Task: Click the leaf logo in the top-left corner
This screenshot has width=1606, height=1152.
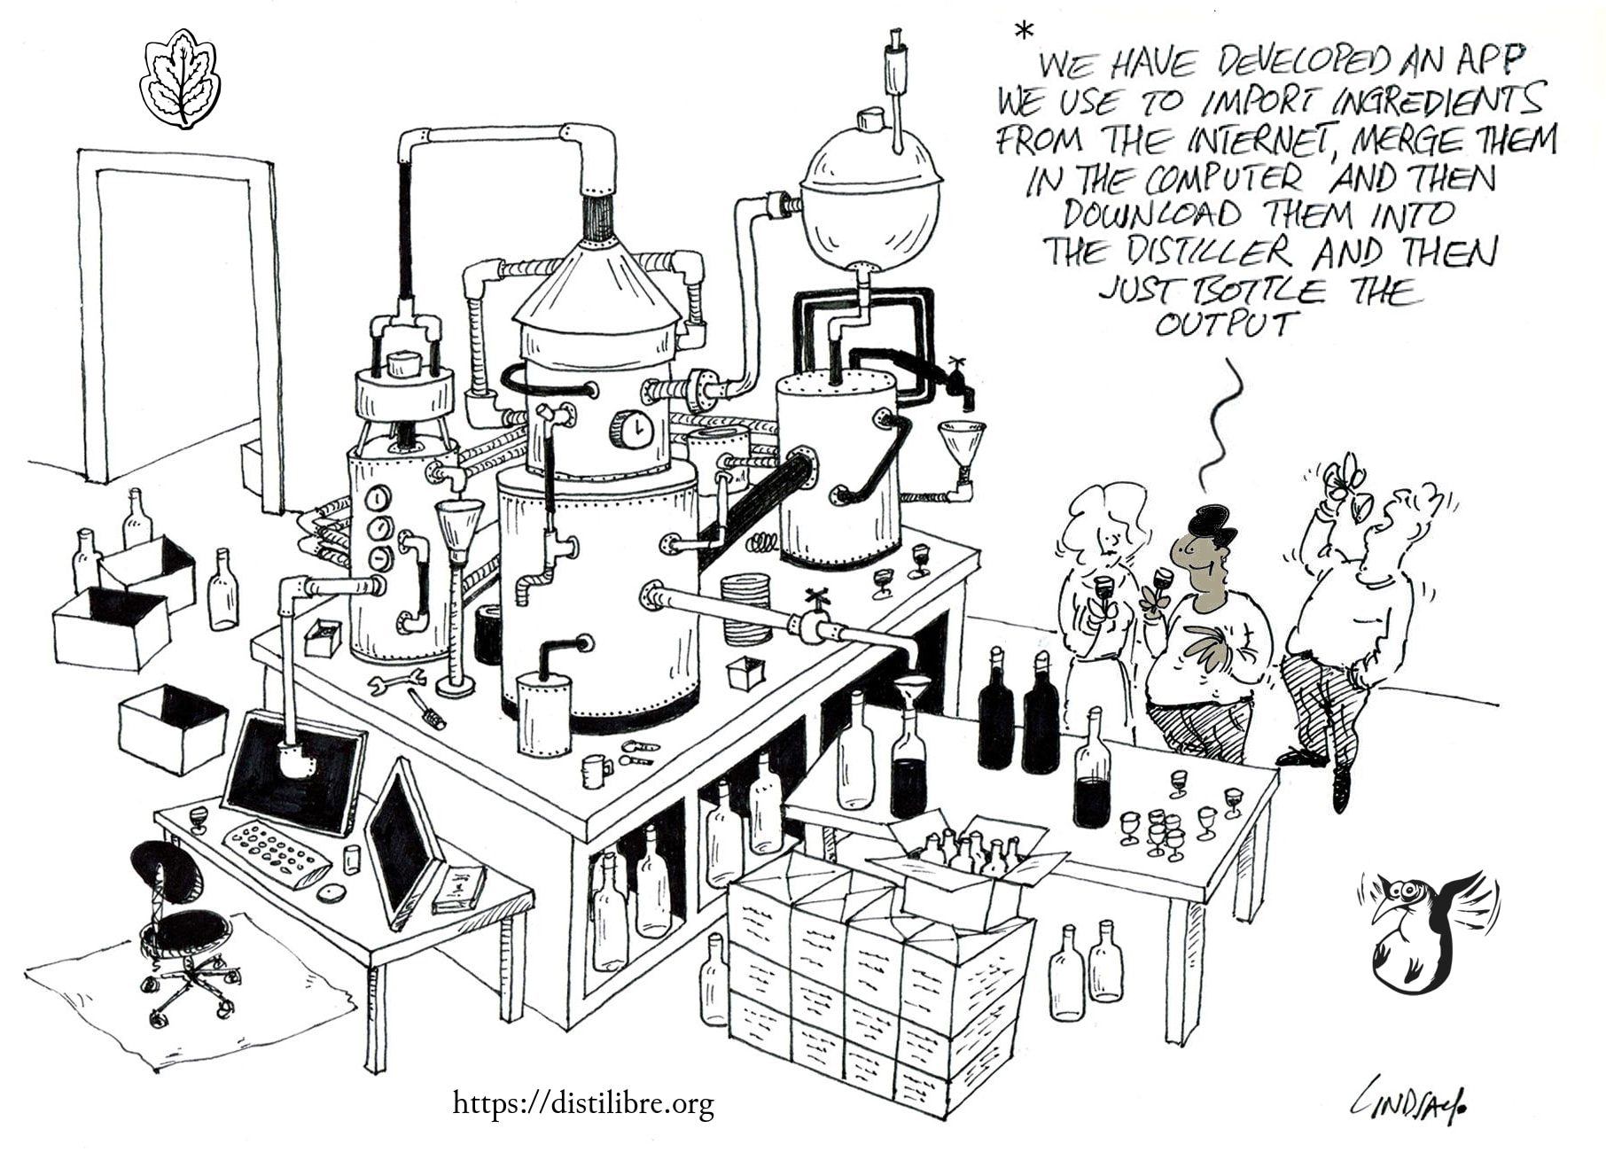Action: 181,79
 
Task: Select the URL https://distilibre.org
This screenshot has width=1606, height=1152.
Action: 583,1103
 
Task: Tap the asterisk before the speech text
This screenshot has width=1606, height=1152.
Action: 1024,32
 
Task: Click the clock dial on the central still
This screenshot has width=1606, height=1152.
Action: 632,430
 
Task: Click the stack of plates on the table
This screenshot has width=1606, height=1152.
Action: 746,610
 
